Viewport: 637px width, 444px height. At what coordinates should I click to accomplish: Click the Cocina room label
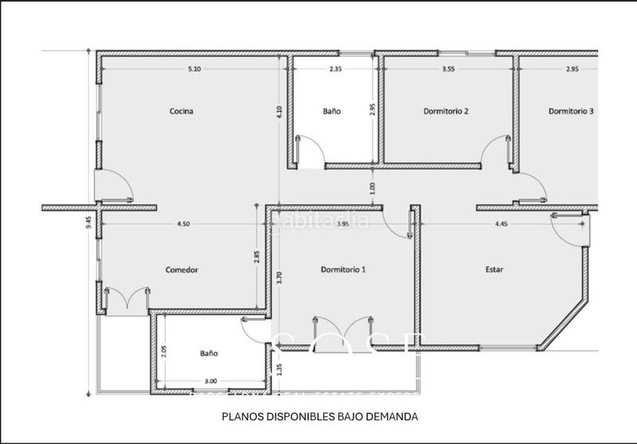click(182, 111)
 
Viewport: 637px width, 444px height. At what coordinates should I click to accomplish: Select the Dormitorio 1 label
click(343, 270)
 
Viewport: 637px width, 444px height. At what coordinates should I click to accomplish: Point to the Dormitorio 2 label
click(445, 111)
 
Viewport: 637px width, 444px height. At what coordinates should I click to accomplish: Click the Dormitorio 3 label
click(571, 111)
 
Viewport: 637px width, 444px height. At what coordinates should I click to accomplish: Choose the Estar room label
click(494, 270)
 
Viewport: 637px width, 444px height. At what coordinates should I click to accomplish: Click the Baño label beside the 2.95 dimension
click(332, 111)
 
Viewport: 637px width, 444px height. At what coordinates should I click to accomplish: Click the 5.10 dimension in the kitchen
click(193, 69)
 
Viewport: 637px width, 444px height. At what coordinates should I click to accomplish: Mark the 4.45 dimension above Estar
click(502, 224)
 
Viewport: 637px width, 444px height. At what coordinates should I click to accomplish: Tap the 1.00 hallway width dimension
click(373, 188)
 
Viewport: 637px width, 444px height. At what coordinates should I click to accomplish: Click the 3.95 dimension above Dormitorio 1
click(343, 224)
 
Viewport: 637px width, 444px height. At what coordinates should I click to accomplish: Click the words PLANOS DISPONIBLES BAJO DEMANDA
click(318, 416)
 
